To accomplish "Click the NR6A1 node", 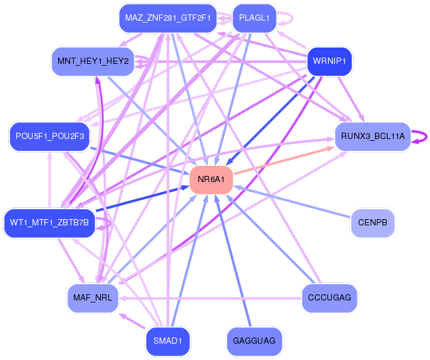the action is pos(211,180).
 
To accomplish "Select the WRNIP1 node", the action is pos(329,61).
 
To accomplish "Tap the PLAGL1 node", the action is pos(254,18).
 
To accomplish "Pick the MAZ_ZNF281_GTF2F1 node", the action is pos(168,18).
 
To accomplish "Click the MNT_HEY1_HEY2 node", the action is pos(93,61).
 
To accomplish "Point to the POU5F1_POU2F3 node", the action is pos(49,136).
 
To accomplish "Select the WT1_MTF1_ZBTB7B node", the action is pos(49,223).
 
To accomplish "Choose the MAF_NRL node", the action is pos(93,298).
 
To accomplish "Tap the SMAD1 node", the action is pos(168,341).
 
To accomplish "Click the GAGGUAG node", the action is pos(254,341).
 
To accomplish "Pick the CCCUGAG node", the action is pos(329,298).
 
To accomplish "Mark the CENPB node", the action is pos(372,223).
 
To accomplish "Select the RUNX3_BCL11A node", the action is pos(372,136).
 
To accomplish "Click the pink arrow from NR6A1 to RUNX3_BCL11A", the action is pos(284,160).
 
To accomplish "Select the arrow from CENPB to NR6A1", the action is pos(292,202).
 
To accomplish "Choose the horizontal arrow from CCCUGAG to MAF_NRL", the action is pos(210,298).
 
